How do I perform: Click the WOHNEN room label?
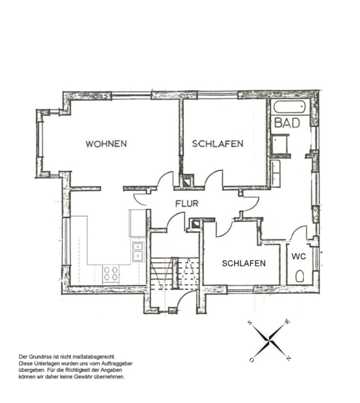[106, 143]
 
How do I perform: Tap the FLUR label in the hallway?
[187, 204]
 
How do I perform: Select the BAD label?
[287, 123]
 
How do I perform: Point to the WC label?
[299, 256]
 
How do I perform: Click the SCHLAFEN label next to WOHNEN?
[218, 143]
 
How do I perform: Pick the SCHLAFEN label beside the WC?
[243, 263]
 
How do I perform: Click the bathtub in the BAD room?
[289, 107]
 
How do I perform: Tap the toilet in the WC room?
[299, 276]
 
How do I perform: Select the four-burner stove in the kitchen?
[111, 274]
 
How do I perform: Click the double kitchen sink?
[138, 251]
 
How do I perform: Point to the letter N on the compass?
[289, 358]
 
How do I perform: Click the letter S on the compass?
[250, 323]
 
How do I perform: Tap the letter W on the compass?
[287, 322]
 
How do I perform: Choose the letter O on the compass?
[251, 360]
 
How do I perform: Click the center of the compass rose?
[269, 341]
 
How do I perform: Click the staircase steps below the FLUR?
[175, 273]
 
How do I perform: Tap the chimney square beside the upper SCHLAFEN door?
[187, 182]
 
